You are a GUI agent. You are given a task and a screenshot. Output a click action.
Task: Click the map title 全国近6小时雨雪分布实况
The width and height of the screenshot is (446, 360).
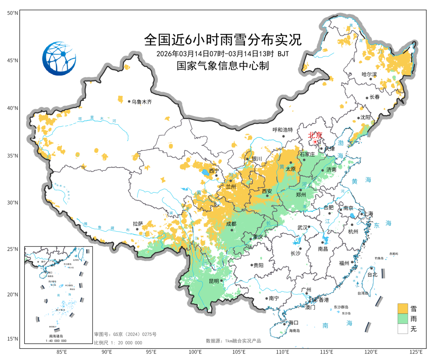[223, 40]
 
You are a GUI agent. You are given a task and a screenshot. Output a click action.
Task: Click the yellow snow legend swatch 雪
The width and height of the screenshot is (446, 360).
[403, 308]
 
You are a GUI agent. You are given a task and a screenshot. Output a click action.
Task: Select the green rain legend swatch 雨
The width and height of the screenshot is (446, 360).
[403, 319]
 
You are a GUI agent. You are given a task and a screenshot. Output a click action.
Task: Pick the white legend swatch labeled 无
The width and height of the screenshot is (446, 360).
[403, 329]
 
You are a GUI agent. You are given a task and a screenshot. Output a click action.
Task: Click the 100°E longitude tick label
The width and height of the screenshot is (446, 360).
[195, 352]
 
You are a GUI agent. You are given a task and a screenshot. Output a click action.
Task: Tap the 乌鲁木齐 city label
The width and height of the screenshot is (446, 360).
[142, 102]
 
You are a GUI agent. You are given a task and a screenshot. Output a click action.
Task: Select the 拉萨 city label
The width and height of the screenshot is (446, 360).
[138, 223]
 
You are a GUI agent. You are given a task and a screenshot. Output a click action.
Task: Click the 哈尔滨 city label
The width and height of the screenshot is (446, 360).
[369, 75]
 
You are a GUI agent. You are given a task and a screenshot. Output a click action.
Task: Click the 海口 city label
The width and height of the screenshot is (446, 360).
[293, 322]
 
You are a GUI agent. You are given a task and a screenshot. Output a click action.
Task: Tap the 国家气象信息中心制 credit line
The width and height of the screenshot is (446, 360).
[223, 66]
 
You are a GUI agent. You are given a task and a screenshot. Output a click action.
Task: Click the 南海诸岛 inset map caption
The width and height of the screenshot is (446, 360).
[57, 336]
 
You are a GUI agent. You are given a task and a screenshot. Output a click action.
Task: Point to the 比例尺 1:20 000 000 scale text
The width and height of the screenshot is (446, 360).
[118, 343]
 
